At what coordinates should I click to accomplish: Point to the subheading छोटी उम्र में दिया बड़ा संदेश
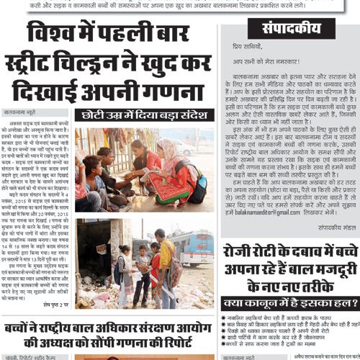pos(148,115)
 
